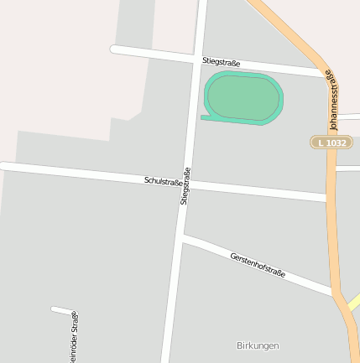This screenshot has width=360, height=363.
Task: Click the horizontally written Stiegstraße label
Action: (x=222, y=63)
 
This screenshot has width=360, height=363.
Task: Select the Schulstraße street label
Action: (x=163, y=180)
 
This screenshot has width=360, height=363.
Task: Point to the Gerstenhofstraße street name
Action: (x=258, y=264)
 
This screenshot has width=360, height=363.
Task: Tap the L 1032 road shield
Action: (x=330, y=143)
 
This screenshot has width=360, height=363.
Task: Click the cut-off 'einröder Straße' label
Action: (x=74, y=337)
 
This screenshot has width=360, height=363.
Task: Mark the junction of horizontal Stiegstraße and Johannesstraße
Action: (x=324, y=74)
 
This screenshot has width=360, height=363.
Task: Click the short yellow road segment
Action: (x=353, y=301)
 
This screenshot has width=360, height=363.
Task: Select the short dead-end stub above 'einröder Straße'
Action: (x=62, y=311)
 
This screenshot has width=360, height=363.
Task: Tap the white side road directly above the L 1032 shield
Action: (x=347, y=115)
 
